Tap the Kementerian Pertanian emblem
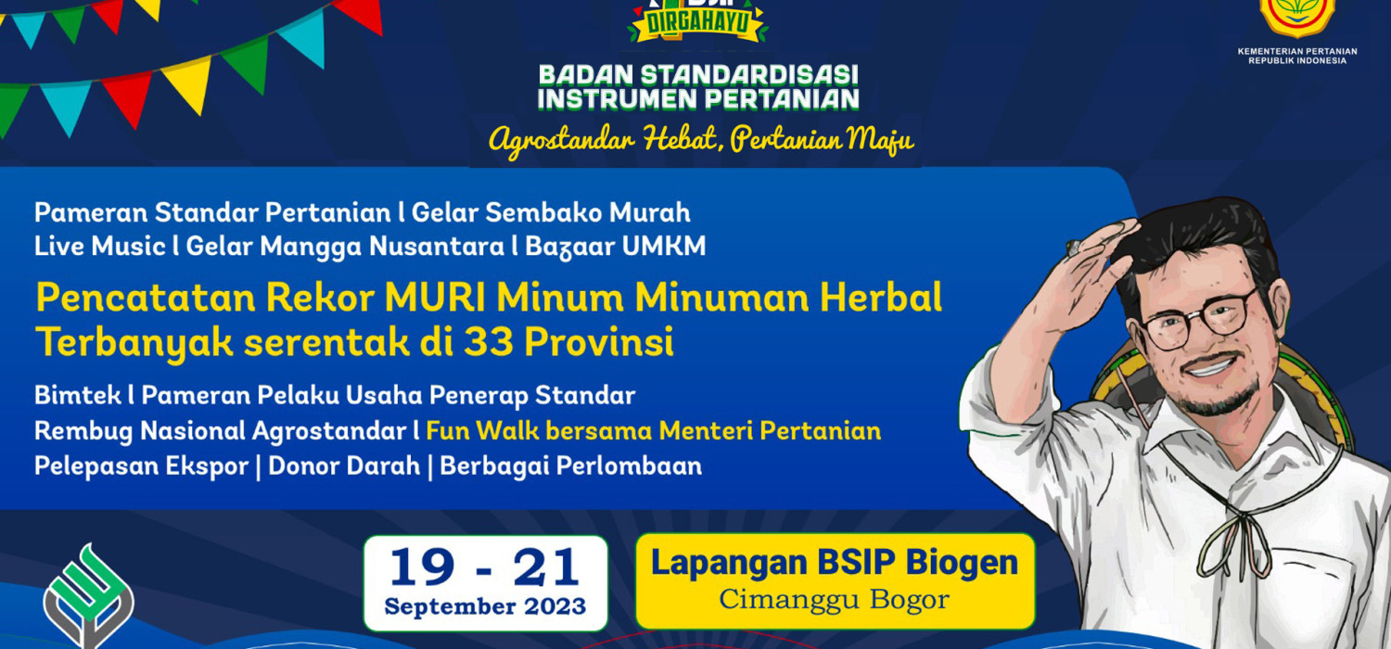click(1297, 17)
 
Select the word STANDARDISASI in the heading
click(749, 75)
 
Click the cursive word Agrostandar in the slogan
click(562, 140)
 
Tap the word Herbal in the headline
click(881, 297)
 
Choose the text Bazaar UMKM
click(616, 247)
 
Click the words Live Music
click(100, 246)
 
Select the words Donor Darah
click(344, 465)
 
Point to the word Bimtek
click(78, 396)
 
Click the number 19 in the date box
click(422, 567)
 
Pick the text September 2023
click(485, 606)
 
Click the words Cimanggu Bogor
click(835, 600)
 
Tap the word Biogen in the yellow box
click(962, 563)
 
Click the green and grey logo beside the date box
click(88, 596)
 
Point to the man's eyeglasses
click(1195, 319)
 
